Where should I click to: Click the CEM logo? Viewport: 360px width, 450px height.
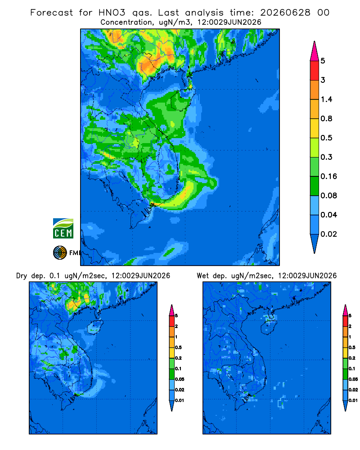(63, 228)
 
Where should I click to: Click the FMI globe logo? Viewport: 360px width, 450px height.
(60, 253)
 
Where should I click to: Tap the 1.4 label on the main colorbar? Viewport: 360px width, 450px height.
(326, 99)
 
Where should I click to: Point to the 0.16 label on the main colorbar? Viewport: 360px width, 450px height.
(328, 176)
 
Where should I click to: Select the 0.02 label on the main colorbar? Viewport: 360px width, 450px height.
(328, 234)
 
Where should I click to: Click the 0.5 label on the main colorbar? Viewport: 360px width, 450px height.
(326, 138)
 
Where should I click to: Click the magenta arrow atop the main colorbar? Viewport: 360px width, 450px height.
(315, 51)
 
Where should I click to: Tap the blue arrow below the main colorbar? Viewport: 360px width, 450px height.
(315, 243)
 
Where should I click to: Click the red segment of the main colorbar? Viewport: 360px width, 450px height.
(315, 70)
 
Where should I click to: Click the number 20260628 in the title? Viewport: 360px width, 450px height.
(285, 13)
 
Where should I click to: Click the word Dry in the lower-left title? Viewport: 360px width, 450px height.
(22, 276)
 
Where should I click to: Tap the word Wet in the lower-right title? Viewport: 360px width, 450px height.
(202, 276)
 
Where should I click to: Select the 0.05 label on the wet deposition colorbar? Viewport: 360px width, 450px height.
(353, 379)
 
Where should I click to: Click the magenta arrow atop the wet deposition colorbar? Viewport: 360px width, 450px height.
(345, 310)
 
